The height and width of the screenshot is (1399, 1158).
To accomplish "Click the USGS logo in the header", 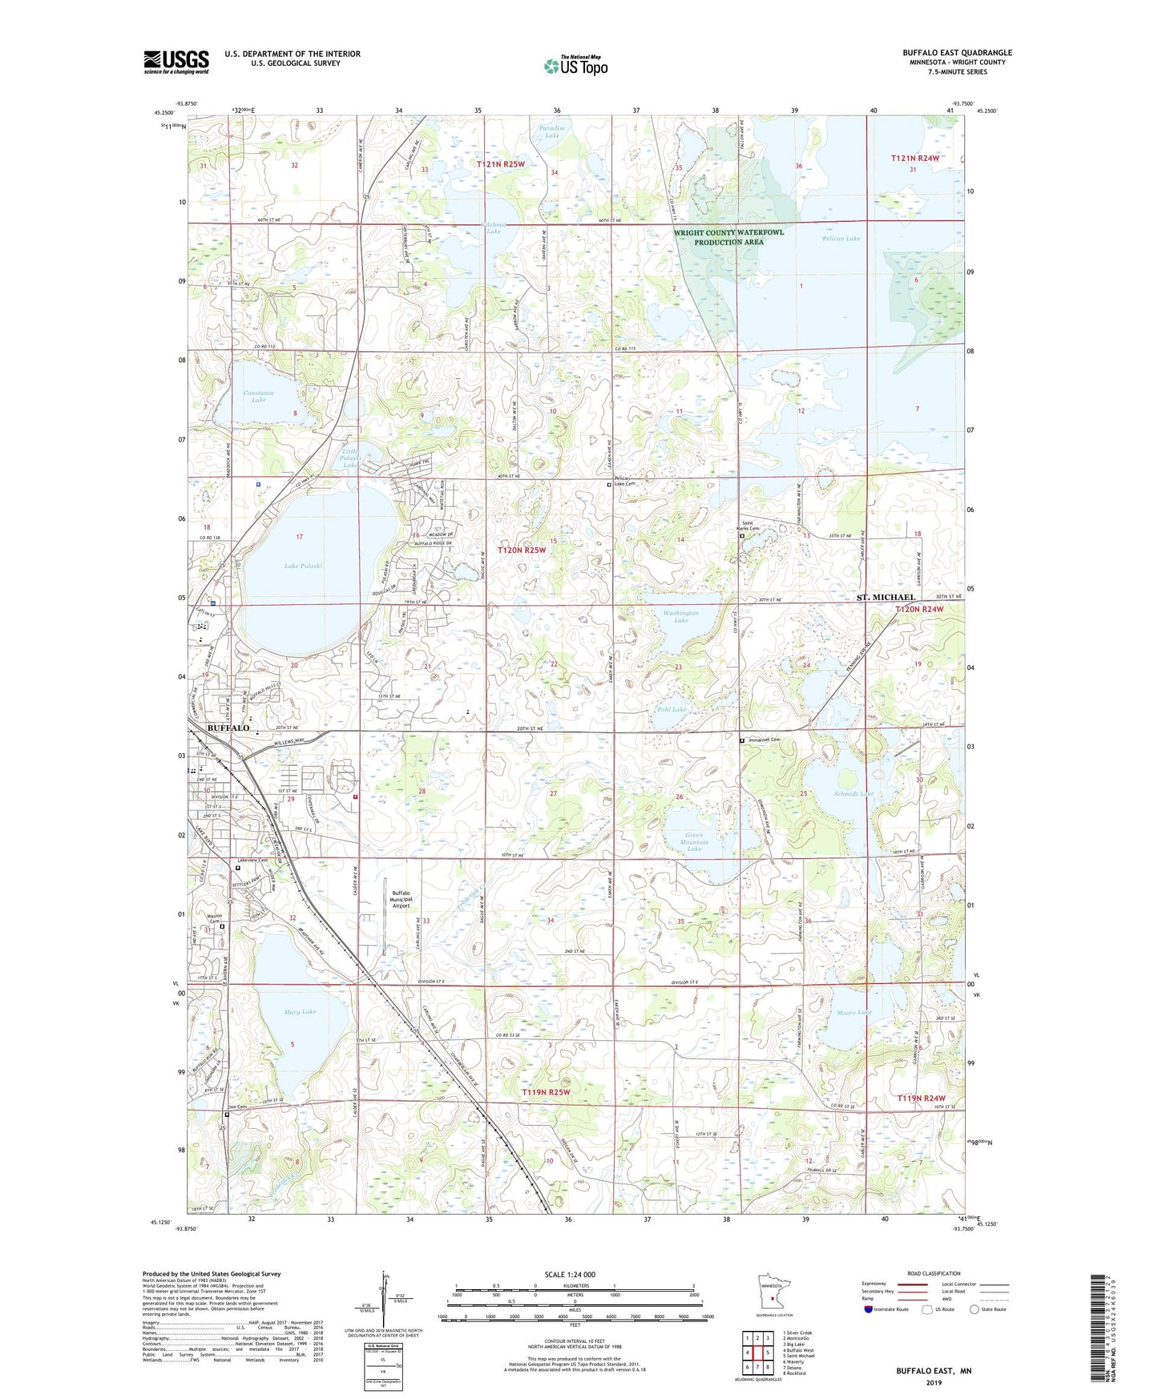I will [176, 61].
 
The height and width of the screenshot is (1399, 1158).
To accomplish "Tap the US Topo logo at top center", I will [575, 66].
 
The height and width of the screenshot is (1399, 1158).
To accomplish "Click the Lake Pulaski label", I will [303, 566].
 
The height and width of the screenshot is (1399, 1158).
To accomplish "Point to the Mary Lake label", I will [300, 1011].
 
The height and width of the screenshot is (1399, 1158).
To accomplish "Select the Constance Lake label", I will [259, 396].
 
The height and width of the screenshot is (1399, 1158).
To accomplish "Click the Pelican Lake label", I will [841, 238].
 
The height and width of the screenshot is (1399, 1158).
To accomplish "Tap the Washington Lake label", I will [680, 616].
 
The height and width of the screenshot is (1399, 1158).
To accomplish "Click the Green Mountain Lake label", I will [694, 842].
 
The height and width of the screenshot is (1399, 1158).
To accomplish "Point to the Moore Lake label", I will [853, 1013].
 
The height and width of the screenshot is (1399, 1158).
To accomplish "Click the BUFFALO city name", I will [228, 728].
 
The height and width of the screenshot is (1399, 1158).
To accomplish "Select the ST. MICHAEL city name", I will [886, 598].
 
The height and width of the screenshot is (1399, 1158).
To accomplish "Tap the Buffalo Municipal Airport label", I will [401, 899].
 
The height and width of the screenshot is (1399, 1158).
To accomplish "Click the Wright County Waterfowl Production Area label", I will [728, 236].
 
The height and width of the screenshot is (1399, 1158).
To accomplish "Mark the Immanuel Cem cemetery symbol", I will [741, 740].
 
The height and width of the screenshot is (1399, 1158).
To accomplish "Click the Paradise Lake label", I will [551, 131].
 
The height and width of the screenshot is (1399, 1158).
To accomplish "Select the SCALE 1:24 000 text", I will [570, 1274].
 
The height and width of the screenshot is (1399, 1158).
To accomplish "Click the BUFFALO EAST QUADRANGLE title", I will [957, 53].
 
